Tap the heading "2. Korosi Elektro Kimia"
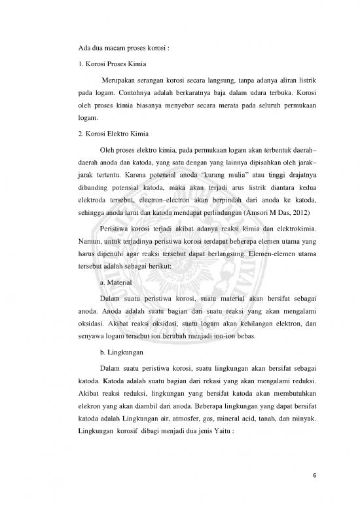111,134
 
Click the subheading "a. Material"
115,281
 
